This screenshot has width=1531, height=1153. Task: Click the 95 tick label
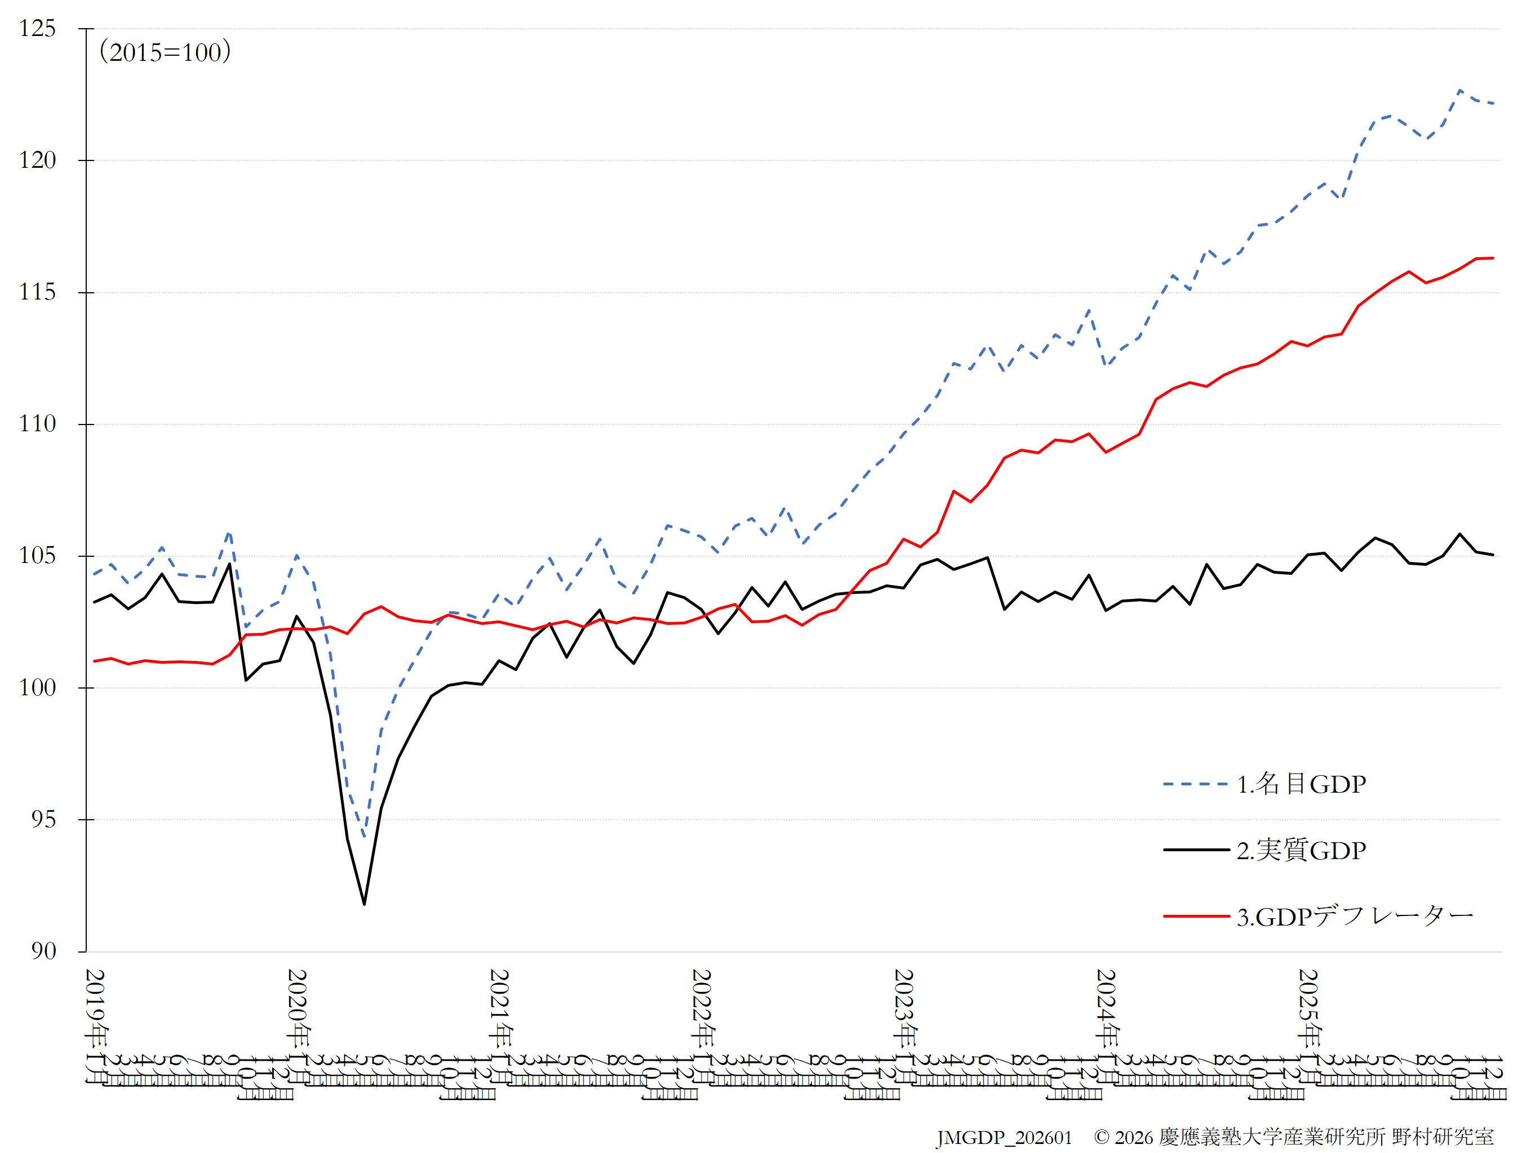point(43,820)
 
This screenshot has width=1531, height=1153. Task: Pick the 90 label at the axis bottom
point(43,951)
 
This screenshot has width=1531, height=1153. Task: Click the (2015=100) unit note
point(165,52)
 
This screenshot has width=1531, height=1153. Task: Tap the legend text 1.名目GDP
point(1301,784)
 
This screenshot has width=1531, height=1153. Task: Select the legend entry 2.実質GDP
point(1301,850)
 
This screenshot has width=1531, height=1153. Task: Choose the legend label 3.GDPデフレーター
point(1355,917)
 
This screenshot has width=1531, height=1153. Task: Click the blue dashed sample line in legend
point(1195,784)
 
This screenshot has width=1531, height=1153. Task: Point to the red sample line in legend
point(1195,917)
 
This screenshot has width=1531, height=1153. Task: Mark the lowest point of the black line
point(364,904)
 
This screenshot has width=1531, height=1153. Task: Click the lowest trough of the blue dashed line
point(364,838)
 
